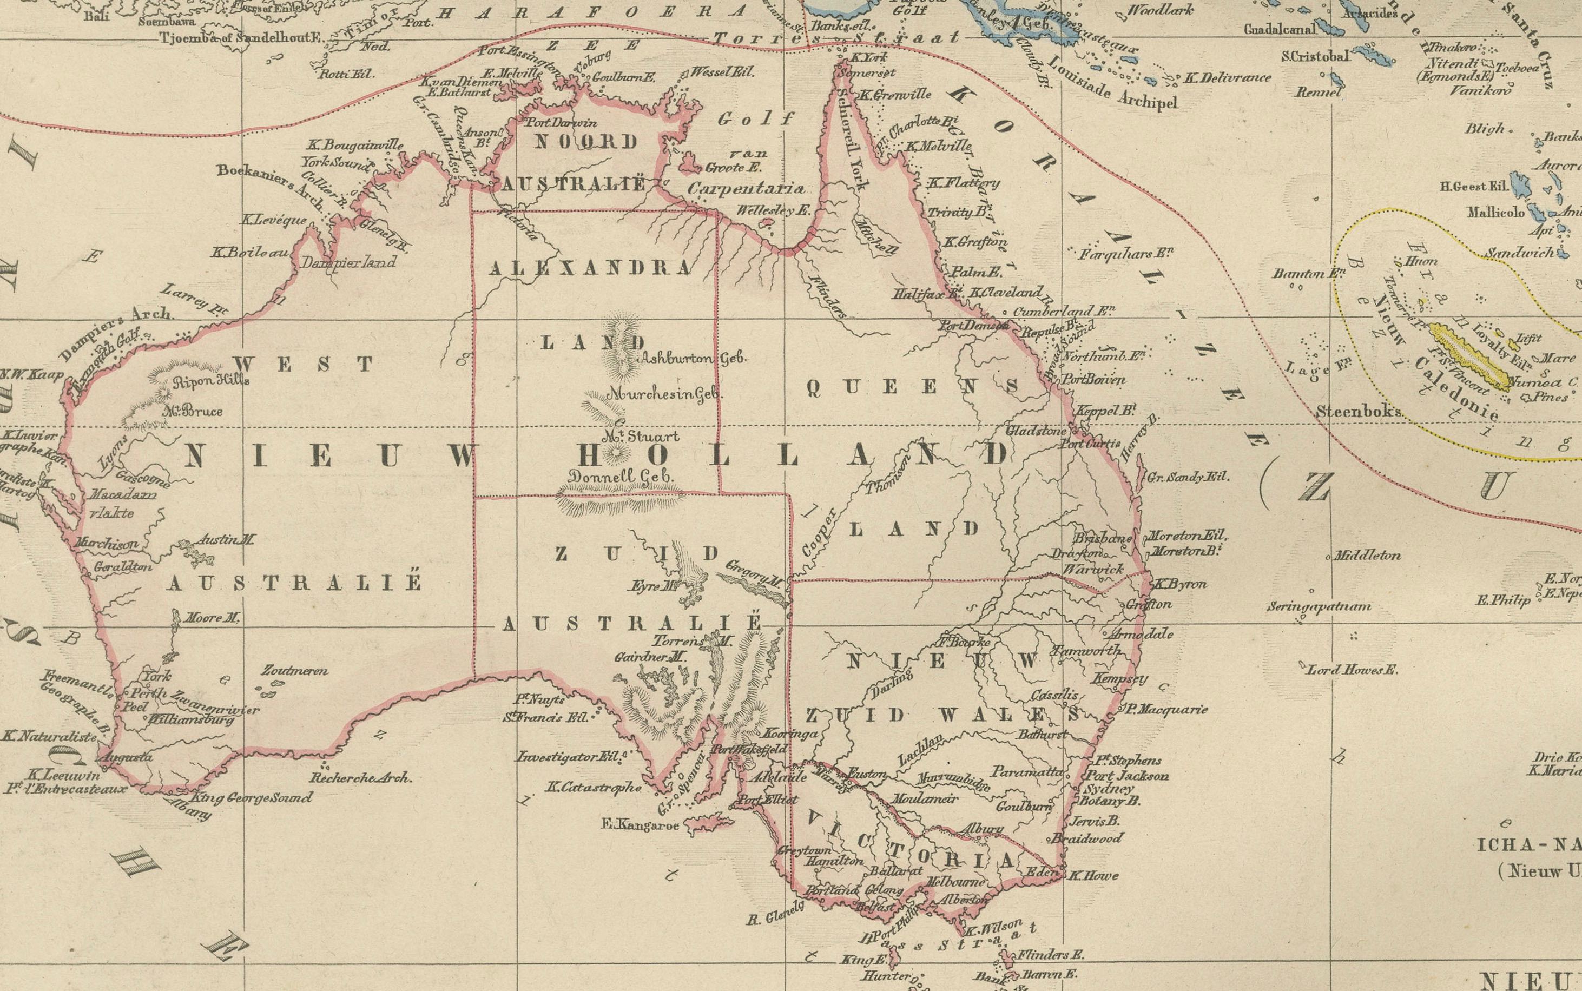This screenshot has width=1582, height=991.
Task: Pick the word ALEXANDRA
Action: click(589, 268)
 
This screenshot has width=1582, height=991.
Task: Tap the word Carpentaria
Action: click(746, 189)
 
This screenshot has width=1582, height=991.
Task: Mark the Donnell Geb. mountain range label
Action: click(621, 477)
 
